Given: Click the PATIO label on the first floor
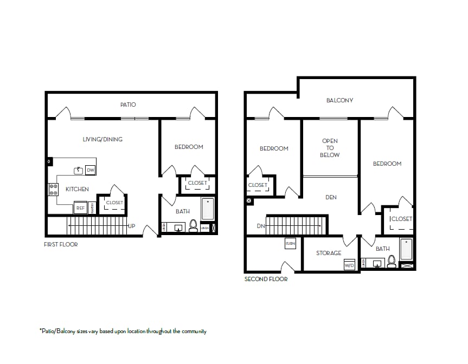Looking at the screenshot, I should tap(128, 105).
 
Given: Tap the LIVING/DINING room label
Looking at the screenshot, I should tap(102, 139).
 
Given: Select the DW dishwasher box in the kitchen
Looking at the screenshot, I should tap(91, 171).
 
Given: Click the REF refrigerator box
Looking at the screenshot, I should tap(80, 207).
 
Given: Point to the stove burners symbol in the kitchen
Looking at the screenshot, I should tap(53, 190).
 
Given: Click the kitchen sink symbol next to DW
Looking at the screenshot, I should tap(79, 171).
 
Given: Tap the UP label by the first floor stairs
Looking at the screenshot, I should tap(131, 226).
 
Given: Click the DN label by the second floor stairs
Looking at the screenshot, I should tap(261, 226).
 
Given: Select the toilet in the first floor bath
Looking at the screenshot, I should tap(193, 226).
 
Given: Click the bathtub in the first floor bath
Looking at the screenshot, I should tap(208, 209).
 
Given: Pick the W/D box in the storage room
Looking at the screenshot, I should tap(349, 265).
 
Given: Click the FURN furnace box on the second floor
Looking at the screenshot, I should tap(290, 244).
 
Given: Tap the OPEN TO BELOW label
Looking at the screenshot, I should tap(330, 148).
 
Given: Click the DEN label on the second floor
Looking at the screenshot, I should tap(331, 197).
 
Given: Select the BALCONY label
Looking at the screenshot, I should tap(339, 100).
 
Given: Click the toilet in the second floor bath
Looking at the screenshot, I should tap(392, 262).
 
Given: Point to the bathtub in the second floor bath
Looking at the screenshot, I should tap(407, 249).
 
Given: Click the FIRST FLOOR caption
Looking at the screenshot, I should tap(61, 245).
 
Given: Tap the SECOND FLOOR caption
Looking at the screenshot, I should tap(266, 279).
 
